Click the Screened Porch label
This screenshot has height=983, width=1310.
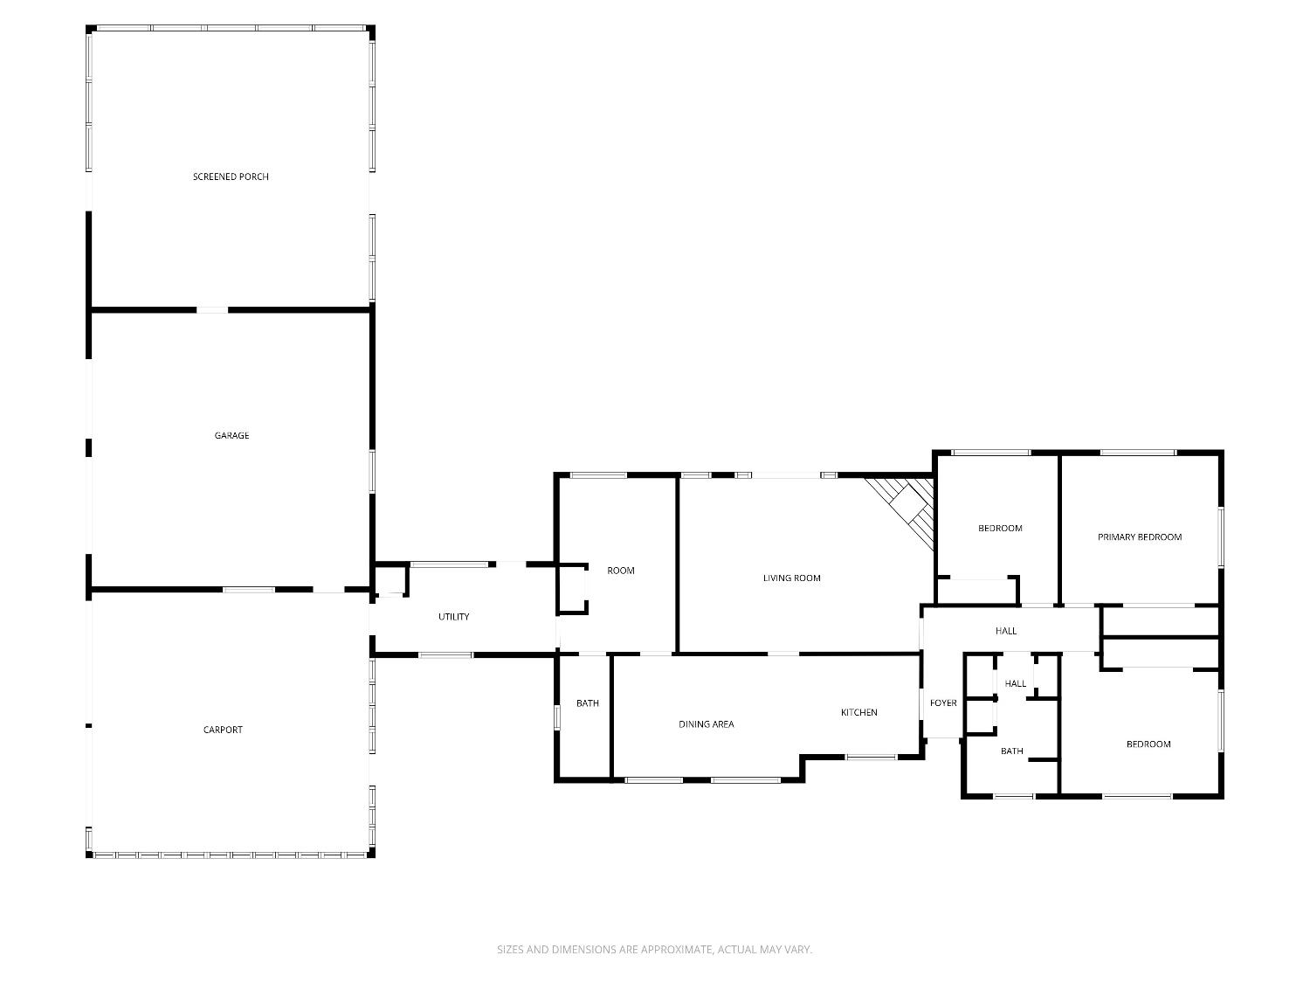(231, 177)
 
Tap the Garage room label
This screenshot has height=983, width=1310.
(231, 435)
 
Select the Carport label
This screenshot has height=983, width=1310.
(223, 730)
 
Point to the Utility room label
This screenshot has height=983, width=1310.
(453, 617)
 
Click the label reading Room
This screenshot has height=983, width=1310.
(621, 571)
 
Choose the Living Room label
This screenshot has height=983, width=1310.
(791, 578)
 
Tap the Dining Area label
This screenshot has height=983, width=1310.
(706, 723)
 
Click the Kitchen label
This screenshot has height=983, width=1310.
(858, 712)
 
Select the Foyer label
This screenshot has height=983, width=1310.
(943, 703)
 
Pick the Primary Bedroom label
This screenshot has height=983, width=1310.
(1139, 537)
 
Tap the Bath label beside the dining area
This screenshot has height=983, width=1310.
(588, 703)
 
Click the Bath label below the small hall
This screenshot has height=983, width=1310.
(1011, 751)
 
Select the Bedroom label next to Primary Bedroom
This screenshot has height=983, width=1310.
(1000, 528)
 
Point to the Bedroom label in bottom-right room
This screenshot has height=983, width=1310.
(1148, 744)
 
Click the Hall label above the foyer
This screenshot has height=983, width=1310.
(1006, 631)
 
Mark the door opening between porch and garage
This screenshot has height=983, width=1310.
(212, 309)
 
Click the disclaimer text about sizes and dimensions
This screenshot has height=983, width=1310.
(654, 949)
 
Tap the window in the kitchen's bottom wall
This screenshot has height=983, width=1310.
(871, 757)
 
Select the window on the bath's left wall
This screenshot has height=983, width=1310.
(557, 716)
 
